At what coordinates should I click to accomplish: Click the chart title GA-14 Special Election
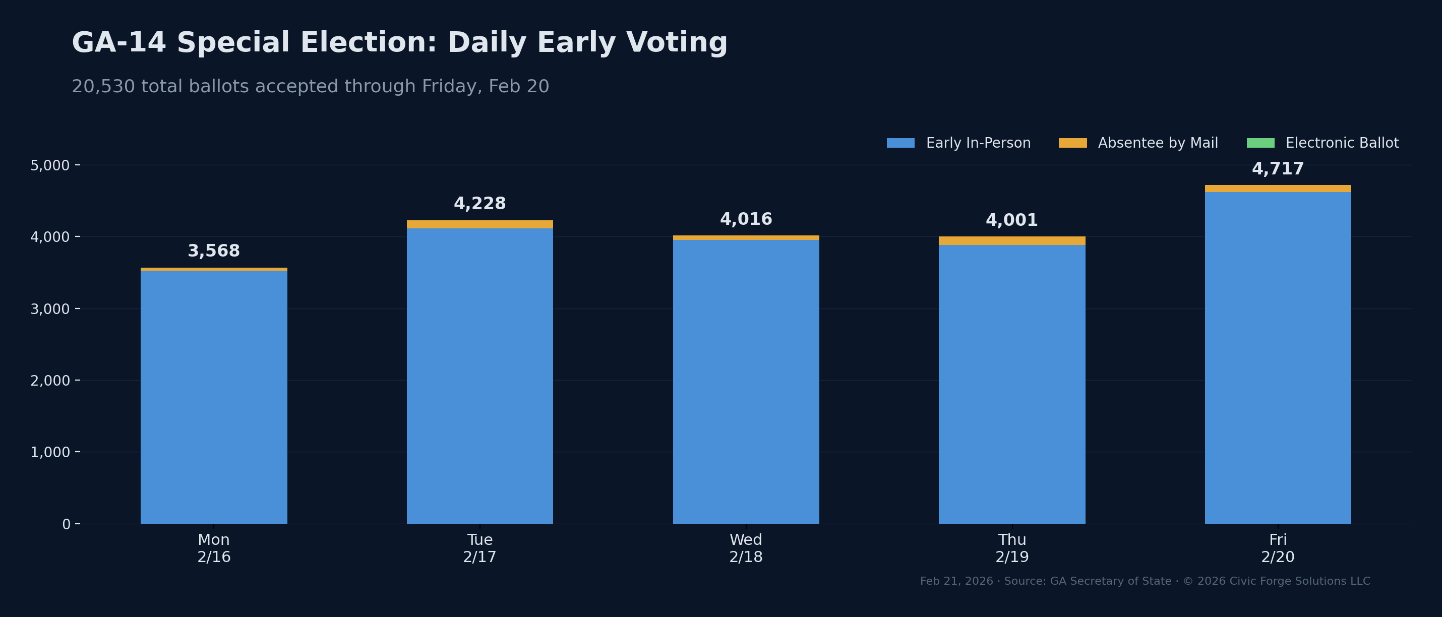[399, 43]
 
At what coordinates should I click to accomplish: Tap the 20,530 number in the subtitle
[103, 86]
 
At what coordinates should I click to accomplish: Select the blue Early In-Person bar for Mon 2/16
[213, 398]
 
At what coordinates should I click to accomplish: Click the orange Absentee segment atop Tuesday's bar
[479, 224]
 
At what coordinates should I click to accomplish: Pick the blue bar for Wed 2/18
[746, 381]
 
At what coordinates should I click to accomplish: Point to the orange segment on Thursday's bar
[1011, 241]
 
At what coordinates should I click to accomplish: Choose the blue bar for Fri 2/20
[1278, 358]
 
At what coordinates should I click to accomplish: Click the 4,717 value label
[1278, 168]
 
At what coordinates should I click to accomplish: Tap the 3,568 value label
[213, 251]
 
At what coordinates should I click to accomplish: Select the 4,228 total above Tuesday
[479, 204]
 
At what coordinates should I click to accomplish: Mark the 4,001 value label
[1011, 220]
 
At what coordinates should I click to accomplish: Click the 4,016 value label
[746, 219]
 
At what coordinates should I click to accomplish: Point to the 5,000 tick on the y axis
[50, 165]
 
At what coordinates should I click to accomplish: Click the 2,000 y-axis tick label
[50, 381]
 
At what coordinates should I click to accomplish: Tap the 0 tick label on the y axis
[66, 524]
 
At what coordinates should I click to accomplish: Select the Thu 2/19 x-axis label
[1011, 548]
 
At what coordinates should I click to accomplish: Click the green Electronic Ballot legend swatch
[1260, 143]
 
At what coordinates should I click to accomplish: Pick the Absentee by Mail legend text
[1158, 143]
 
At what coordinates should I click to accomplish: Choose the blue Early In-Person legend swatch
[900, 143]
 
